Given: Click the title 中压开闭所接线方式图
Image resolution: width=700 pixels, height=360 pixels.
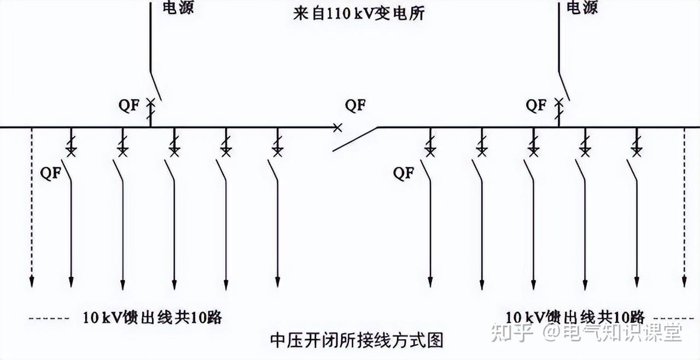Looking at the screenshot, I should click(357, 341).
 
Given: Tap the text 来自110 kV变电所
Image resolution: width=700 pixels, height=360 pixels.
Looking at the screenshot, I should click(359, 14).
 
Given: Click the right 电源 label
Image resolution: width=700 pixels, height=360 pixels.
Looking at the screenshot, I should click(582, 8).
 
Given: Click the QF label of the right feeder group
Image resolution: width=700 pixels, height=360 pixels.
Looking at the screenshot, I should click(404, 173).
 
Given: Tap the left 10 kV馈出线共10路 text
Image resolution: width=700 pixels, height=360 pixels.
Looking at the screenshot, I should click(153, 317).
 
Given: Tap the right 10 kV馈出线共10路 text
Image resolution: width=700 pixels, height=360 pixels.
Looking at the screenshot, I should click(575, 317).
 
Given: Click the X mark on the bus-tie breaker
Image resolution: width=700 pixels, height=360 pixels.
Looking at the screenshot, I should click(337, 127).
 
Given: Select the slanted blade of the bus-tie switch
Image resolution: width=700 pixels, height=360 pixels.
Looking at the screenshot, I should click(355, 138).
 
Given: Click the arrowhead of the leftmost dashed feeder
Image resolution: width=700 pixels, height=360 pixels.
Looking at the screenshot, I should click(32, 282).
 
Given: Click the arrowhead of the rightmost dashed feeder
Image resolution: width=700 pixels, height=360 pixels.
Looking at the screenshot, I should click(684, 282).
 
